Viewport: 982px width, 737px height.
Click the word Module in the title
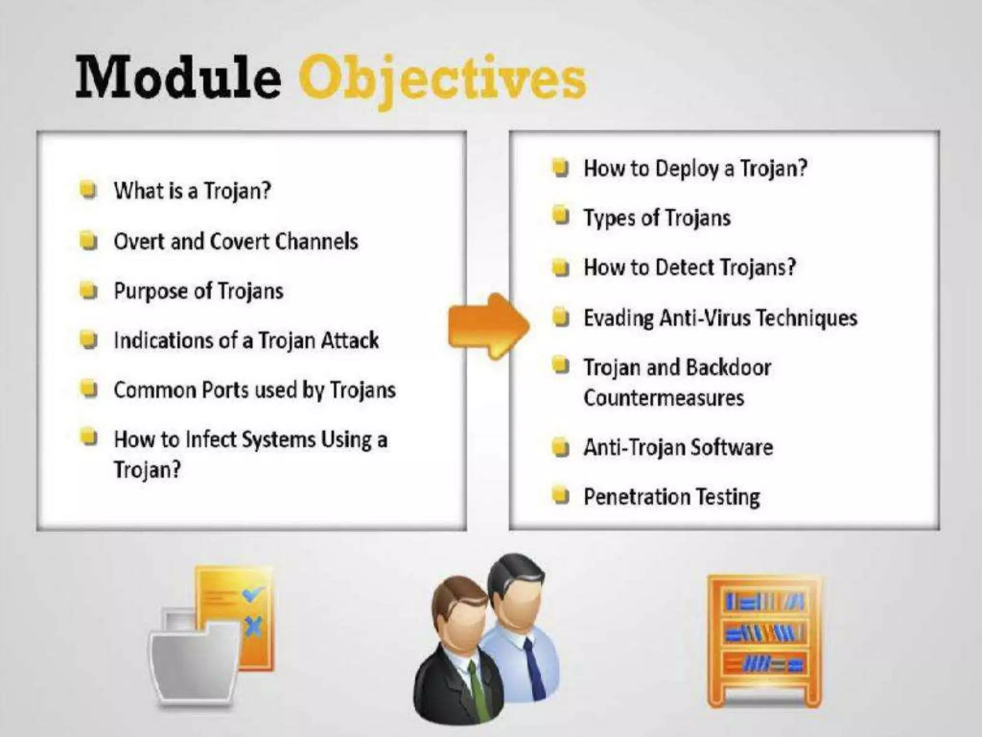click(x=178, y=77)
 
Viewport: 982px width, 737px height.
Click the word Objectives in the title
click(x=442, y=79)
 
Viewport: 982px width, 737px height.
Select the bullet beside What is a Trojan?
click(x=88, y=190)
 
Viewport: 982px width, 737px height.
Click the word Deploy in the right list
click(x=687, y=168)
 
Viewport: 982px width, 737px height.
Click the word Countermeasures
click(x=664, y=398)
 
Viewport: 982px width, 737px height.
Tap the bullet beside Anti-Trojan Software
click(x=560, y=448)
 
